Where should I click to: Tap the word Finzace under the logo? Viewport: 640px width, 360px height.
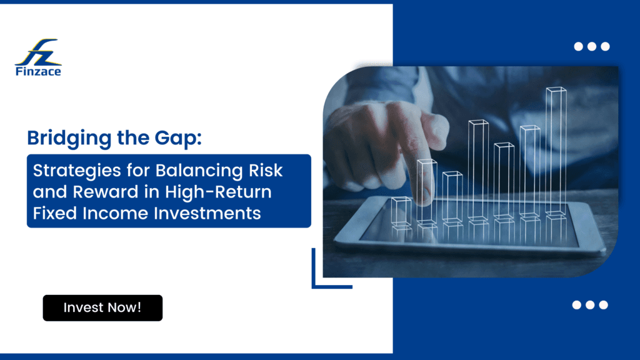[38, 72]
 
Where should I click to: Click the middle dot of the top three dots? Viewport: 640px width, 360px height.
[591, 46]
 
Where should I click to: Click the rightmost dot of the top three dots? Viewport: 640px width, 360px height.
[604, 46]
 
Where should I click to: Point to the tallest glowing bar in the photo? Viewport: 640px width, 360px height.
[556, 150]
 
